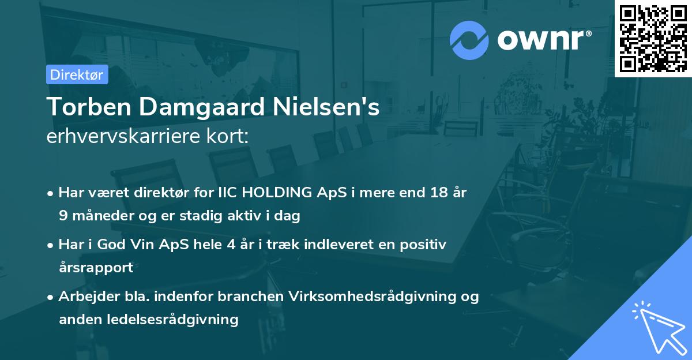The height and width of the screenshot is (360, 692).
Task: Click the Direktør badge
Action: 77,74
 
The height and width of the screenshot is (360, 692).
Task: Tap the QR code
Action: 652,37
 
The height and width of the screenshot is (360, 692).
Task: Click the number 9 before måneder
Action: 62,216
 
